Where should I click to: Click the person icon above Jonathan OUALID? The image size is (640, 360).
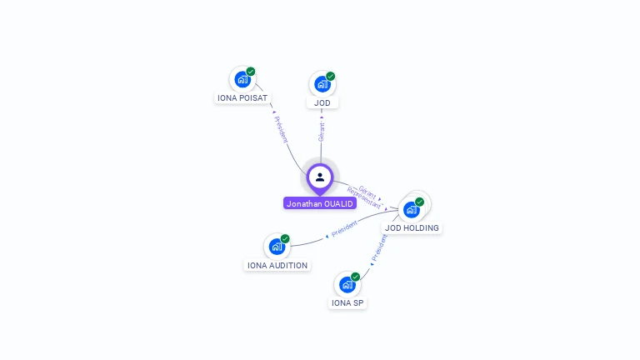pos(320,177)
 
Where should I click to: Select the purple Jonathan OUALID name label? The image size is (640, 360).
pos(320,203)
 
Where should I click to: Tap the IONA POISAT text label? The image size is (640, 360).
pos(242,97)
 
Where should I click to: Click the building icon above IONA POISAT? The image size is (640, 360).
pos(242,79)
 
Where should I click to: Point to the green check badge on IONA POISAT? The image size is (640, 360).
pos(251,72)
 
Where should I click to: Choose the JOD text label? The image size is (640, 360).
pos(322,102)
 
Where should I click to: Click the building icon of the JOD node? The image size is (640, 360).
pos(322,84)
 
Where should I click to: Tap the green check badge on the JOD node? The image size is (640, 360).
pos(331,76)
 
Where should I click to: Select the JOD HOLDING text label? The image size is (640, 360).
pos(412,227)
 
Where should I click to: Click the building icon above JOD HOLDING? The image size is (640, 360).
pos(411,209)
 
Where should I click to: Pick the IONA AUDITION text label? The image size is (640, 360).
pos(277,265)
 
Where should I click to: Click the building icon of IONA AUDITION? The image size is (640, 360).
pos(277,247)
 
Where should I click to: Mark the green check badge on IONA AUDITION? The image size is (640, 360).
pos(285,238)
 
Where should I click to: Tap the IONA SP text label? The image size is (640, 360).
pos(347,302)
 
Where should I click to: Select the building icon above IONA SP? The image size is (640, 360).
pos(347,284)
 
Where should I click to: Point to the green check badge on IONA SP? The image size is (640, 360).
pos(356,277)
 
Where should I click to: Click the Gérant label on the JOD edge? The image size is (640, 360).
pos(322,129)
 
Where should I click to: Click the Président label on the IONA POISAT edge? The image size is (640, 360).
pos(281,129)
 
